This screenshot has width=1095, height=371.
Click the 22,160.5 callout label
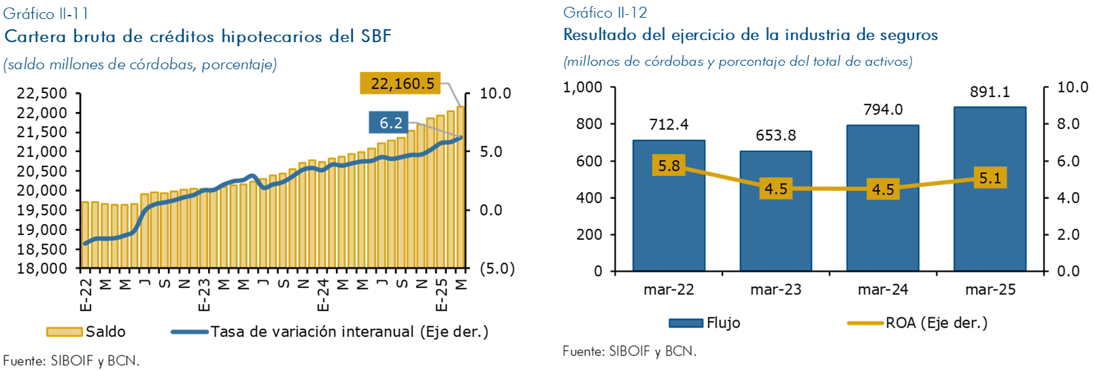(x=402, y=84)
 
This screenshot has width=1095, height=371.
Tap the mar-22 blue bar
(x=669, y=217)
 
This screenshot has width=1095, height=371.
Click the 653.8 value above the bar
(x=775, y=135)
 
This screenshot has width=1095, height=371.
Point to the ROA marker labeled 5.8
(x=669, y=166)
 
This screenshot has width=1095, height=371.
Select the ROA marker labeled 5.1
(x=990, y=178)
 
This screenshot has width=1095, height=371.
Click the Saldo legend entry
(x=86, y=332)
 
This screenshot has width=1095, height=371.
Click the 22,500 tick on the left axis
(x=42, y=93)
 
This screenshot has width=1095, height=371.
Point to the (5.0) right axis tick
(x=497, y=268)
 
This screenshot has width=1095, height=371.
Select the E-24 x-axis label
(x=323, y=294)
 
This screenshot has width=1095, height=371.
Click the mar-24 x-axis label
(x=883, y=289)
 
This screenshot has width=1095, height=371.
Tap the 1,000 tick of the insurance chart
(x=583, y=87)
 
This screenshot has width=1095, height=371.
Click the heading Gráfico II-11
(x=46, y=14)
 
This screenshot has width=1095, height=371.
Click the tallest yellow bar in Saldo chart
(x=460, y=187)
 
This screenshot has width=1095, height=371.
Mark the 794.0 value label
(x=883, y=109)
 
